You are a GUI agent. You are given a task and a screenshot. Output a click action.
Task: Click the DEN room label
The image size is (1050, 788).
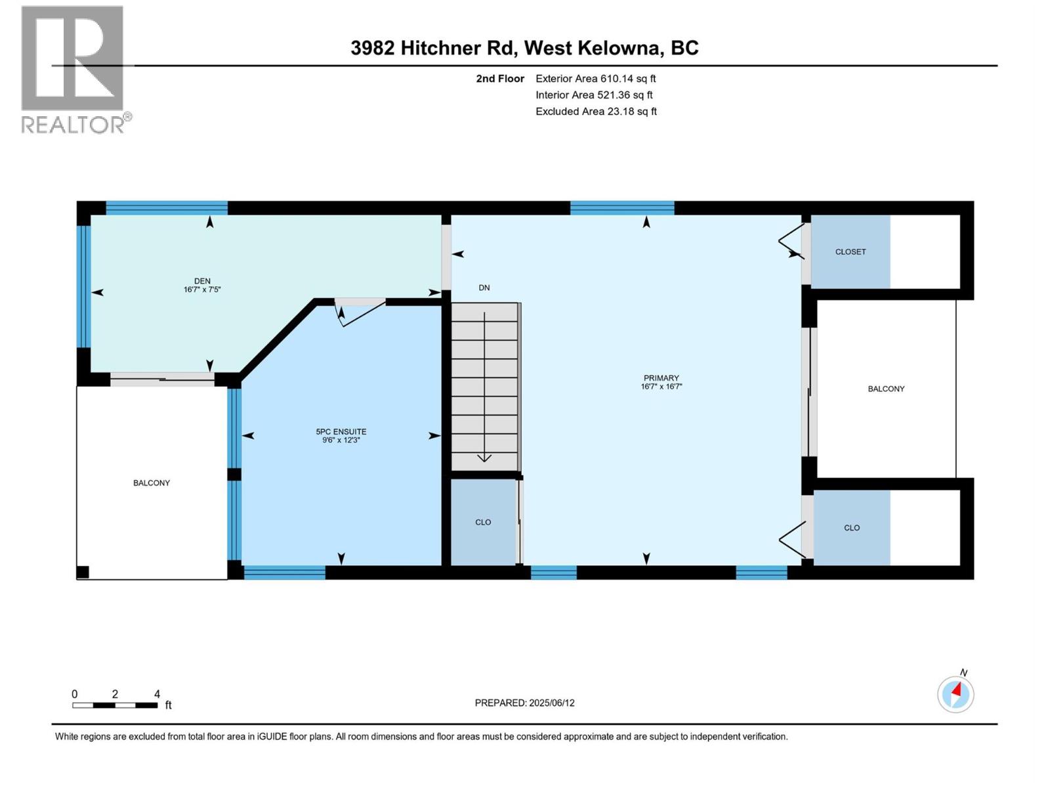coord(202,281)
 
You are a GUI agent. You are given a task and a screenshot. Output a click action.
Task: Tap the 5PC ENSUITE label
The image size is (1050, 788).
coord(341,431)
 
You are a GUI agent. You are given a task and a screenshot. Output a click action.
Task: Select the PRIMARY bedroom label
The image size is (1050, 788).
coord(661,378)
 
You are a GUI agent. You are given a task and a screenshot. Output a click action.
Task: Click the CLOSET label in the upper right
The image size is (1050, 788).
coord(850,252)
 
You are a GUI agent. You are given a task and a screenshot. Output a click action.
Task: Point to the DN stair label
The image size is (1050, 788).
coord(484,288)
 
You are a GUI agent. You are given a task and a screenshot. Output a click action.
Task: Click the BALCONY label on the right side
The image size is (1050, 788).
coord(886,389)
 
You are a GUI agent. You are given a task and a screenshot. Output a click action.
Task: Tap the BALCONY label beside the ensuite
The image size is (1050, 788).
coord(152,483)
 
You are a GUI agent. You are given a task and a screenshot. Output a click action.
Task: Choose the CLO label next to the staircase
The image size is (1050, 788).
coord(483,522)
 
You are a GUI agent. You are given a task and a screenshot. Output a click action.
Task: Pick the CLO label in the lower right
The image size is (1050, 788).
coord(852,527)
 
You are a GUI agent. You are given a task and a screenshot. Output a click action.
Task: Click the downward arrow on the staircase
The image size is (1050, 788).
coord(484,456)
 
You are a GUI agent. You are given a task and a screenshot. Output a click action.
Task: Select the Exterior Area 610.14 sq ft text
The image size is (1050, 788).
coord(596,79)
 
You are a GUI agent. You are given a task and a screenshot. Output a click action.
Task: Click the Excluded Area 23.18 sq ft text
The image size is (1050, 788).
coord(596,112)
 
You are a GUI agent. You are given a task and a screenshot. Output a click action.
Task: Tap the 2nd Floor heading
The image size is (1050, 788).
coord(500,79)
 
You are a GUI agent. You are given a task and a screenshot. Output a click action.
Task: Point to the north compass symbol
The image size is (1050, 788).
coord(955,693)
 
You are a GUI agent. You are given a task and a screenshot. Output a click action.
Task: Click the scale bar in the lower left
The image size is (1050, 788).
coord(115,705)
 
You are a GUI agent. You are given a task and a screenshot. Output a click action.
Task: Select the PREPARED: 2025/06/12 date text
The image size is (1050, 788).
coord(524,703)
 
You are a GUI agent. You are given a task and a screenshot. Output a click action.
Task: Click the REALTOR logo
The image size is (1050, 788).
coord(73,69)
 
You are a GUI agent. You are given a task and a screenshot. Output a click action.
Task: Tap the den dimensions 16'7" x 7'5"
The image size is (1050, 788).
coord(202,290)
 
